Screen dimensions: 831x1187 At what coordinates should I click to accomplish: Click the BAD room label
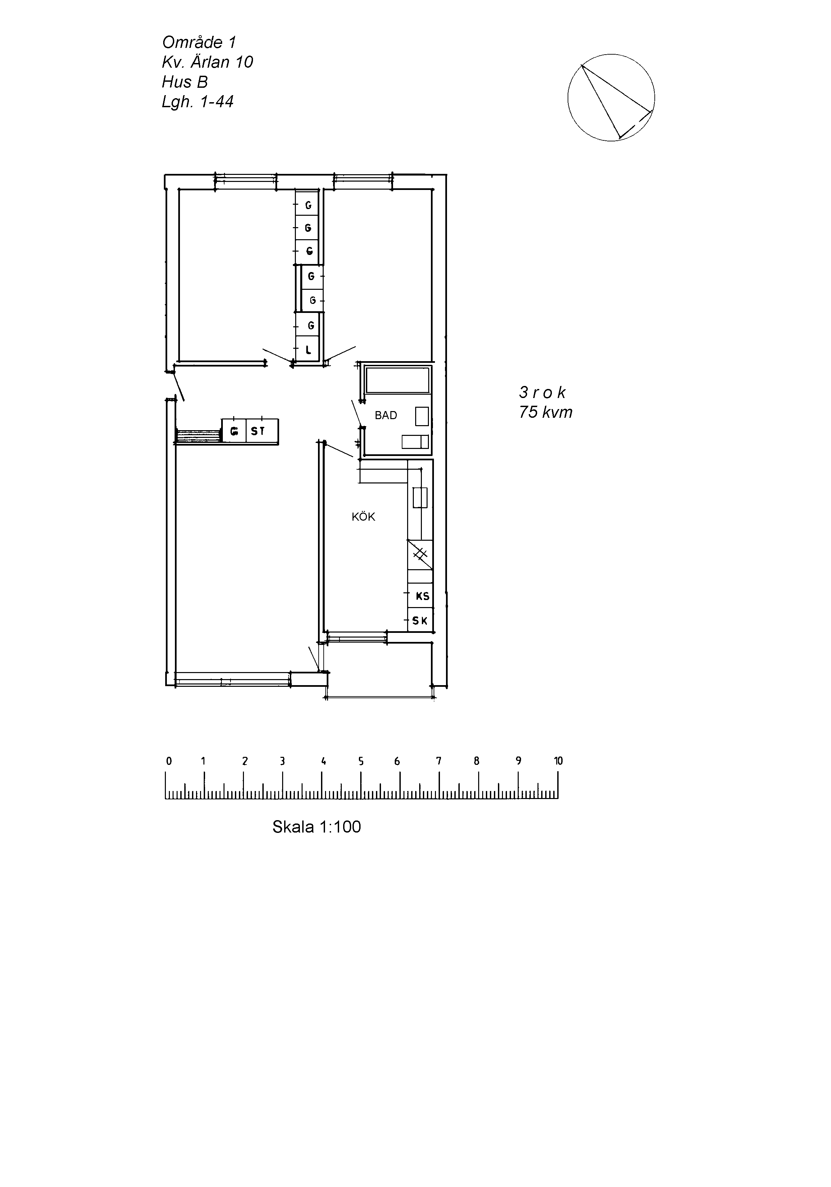click(x=386, y=415)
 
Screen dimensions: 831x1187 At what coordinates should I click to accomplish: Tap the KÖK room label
click(x=363, y=517)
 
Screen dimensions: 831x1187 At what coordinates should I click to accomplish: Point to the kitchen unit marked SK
click(x=420, y=620)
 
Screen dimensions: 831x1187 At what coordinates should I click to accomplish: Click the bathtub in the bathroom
click(x=397, y=380)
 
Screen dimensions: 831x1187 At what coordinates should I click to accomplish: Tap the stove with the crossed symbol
click(x=420, y=554)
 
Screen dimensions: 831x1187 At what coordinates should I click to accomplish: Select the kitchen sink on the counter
click(x=420, y=497)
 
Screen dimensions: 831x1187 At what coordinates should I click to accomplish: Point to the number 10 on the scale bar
click(x=558, y=761)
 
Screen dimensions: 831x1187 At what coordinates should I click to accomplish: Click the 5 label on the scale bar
click(x=361, y=761)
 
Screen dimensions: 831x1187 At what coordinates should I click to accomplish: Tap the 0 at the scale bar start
click(x=169, y=761)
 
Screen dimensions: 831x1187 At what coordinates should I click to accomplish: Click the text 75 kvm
click(x=546, y=412)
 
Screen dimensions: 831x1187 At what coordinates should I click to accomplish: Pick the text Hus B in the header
click(x=185, y=82)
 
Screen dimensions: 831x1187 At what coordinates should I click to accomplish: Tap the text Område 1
click(x=199, y=42)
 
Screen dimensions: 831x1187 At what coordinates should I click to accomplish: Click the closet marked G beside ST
click(x=234, y=431)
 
